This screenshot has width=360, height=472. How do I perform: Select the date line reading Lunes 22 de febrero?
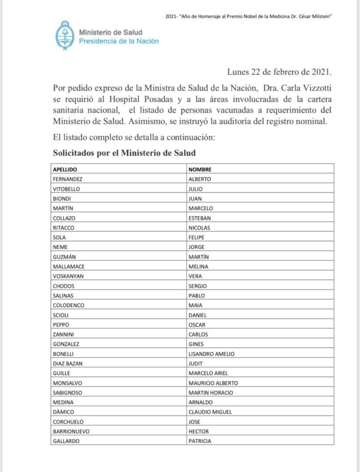(279, 72)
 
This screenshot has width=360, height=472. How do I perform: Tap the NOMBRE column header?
(200, 169)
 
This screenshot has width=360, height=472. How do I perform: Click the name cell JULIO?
(195, 188)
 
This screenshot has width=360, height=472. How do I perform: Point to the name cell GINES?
(196, 344)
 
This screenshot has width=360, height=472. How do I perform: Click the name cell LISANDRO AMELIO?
(212, 354)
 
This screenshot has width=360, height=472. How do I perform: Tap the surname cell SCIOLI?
(62, 315)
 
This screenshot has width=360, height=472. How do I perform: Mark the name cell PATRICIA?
(200, 441)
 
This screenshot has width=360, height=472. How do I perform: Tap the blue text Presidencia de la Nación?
(119, 41)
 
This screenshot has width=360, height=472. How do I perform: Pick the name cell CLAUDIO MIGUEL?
(210, 412)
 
